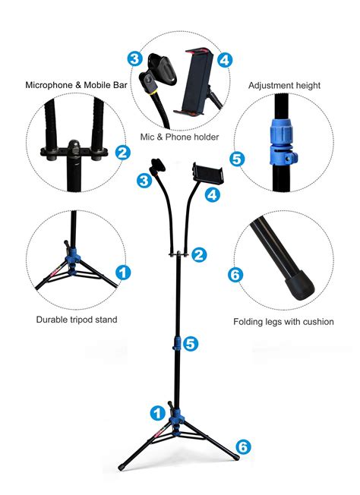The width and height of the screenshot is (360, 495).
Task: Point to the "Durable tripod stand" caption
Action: [77, 320]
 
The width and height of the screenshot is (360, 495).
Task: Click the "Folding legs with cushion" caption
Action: [283, 322]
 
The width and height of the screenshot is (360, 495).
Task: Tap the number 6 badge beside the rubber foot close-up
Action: [235, 275]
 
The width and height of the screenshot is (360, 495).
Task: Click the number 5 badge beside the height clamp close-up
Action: [236, 159]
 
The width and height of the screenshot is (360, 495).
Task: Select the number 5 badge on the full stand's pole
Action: [191, 343]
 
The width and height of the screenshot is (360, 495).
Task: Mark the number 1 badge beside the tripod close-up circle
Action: [122, 272]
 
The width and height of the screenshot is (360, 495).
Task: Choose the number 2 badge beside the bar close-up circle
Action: [122, 152]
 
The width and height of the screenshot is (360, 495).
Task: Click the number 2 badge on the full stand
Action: [200, 255]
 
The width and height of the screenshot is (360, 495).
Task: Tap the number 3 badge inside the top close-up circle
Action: [134, 58]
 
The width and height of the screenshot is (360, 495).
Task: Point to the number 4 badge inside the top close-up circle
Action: [224, 58]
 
